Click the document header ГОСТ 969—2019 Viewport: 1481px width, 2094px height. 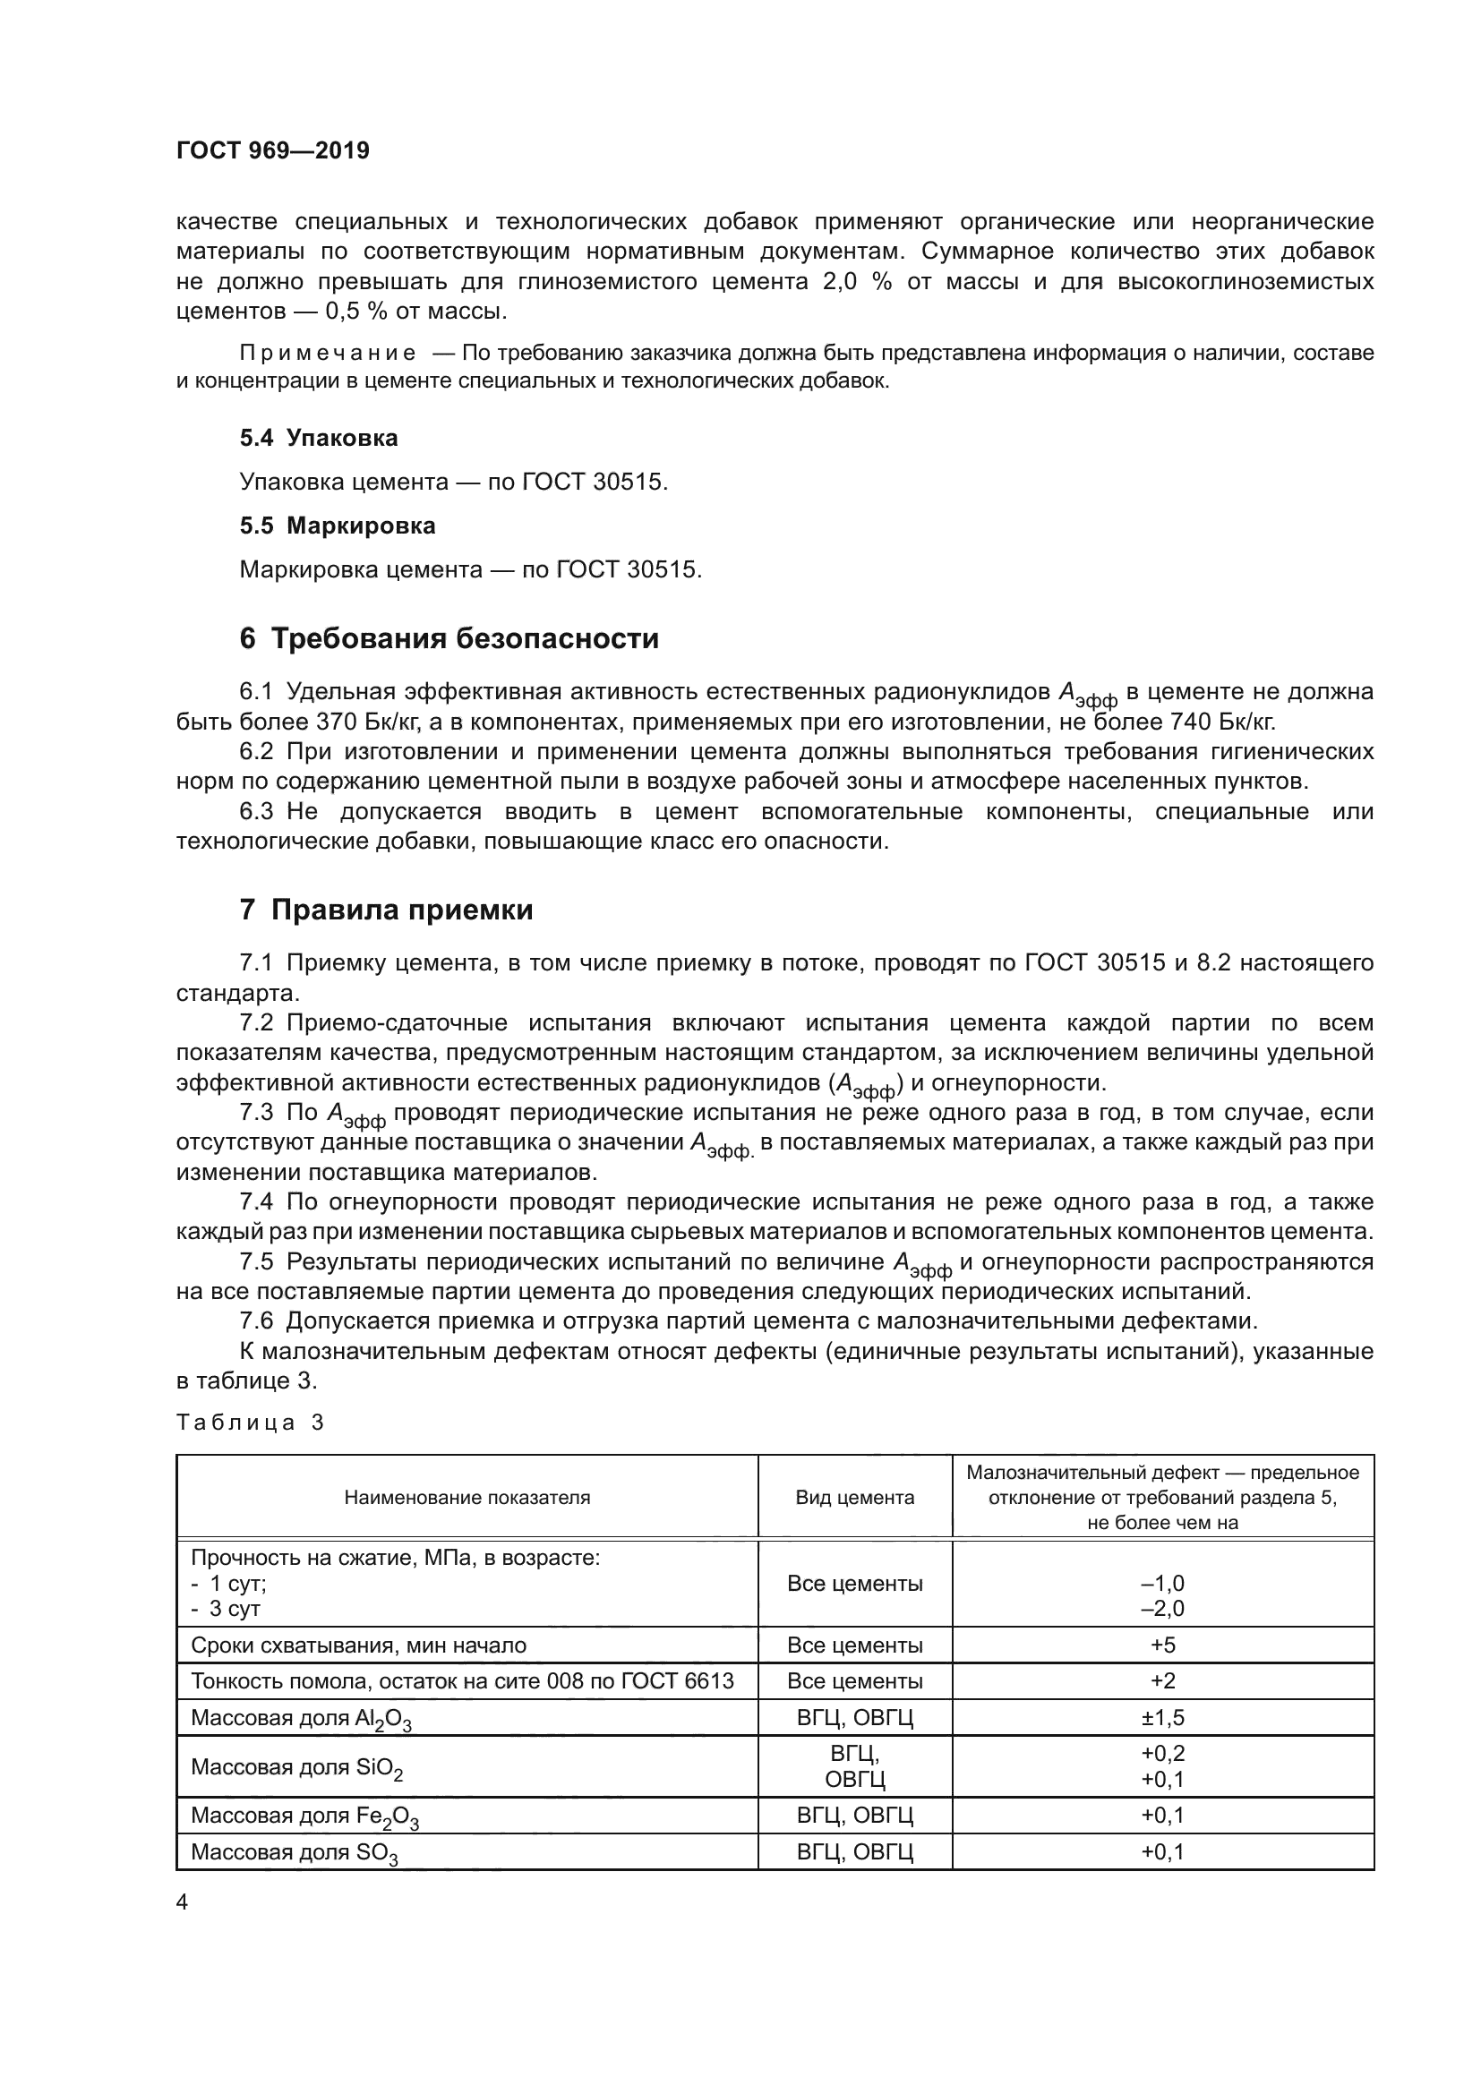point(273,150)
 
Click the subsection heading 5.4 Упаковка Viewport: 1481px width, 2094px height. point(318,438)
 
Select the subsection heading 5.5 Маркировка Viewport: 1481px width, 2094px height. point(338,526)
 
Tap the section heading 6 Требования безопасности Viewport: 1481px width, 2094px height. point(449,637)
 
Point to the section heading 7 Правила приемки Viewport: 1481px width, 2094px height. point(386,910)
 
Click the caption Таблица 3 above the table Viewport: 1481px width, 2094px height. point(250,1423)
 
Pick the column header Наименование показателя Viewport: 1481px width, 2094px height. point(467,1498)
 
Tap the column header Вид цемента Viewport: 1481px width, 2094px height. point(854,1498)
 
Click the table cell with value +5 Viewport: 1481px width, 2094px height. point(1163,1645)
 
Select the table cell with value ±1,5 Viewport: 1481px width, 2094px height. point(1163,1717)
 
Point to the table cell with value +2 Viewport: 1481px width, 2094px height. point(1163,1681)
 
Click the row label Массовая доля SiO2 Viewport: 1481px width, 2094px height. point(296,1766)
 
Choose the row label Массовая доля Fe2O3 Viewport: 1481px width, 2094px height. point(304,1816)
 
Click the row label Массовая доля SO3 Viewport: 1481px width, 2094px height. point(295,1852)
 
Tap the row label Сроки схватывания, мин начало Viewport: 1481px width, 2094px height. point(358,1645)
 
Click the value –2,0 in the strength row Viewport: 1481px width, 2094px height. point(1163,1608)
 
